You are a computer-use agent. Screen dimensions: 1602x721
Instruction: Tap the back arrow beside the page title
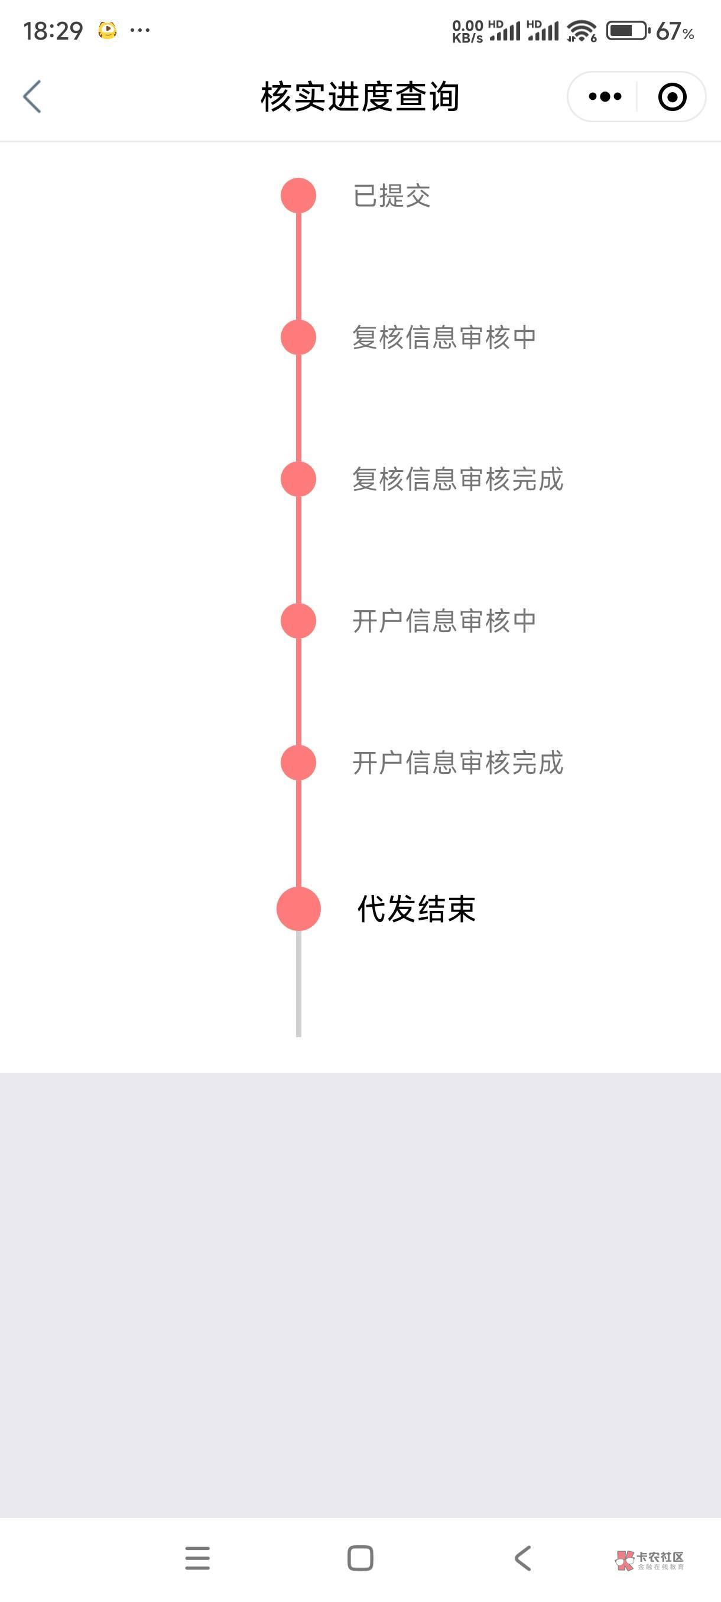coord(33,97)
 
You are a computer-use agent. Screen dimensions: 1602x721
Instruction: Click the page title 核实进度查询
coord(359,97)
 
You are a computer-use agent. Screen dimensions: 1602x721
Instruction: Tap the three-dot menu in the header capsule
coord(605,97)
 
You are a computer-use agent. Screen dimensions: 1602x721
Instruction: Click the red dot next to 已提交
coord(298,196)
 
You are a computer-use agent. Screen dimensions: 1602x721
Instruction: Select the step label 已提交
coord(392,196)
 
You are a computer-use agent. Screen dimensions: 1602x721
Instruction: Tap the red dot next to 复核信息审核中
coord(298,338)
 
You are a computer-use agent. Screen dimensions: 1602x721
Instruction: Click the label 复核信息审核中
coord(444,338)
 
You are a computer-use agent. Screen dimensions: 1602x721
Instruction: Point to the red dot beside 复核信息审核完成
coord(298,480)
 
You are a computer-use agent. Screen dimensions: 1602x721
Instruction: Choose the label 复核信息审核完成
coord(458,480)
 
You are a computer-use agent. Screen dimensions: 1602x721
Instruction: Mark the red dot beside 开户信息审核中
coord(298,621)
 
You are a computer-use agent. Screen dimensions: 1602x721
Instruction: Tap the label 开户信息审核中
coord(444,621)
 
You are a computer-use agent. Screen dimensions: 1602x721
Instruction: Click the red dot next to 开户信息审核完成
coord(298,763)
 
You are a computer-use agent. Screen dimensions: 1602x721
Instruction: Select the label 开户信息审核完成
coord(458,763)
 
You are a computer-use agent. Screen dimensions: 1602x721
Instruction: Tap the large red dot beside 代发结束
coord(298,909)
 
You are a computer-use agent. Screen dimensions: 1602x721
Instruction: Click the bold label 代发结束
coord(416,909)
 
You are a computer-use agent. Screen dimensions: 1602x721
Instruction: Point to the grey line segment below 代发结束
coord(298,986)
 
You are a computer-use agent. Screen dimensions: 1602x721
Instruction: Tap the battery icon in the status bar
coord(627,31)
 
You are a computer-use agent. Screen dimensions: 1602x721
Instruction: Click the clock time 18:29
coord(53,31)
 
